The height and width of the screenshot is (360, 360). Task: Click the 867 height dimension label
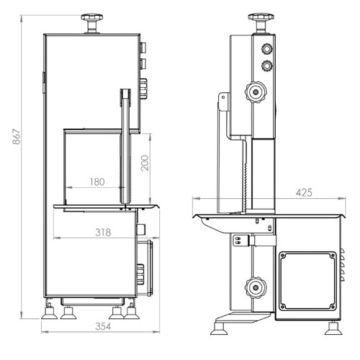tap(17, 137)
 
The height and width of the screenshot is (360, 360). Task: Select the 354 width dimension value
tap(103, 326)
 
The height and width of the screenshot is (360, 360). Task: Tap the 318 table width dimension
tap(103, 233)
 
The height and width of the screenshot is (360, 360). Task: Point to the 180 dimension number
tap(97, 182)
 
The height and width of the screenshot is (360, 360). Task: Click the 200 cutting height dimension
tap(145, 163)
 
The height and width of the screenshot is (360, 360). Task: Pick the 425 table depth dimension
tap(304, 192)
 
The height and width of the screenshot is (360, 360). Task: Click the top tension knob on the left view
tap(92, 23)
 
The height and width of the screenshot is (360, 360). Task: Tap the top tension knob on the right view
tap(261, 23)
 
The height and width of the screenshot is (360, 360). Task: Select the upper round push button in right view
tap(267, 49)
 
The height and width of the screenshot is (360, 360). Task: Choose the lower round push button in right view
tap(267, 66)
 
